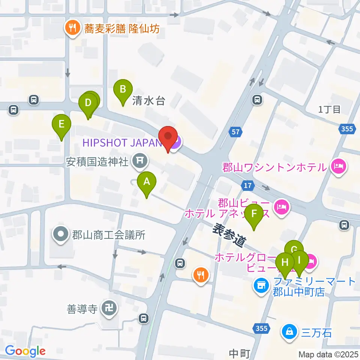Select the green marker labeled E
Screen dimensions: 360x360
click(61, 124)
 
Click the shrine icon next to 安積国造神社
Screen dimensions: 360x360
click(139, 161)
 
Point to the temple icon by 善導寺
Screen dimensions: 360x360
click(109, 309)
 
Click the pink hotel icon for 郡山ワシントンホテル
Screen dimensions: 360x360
click(338, 166)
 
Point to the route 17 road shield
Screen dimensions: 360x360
click(248, 185)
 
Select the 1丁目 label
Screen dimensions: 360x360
click(329, 109)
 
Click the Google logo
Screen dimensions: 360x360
click(25, 351)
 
